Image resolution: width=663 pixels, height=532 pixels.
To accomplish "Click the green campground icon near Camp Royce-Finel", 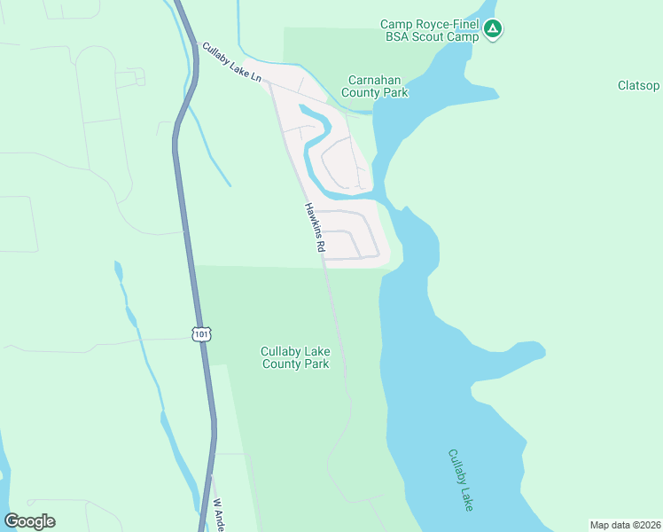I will pyautogui.click(x=494, y=30).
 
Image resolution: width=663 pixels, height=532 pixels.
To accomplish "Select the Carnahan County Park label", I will pyautogui.click(x=377, y=85).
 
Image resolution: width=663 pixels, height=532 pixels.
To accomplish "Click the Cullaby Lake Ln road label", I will pyautogui.click(x=231, y=63).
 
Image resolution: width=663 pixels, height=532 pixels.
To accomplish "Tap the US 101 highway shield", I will pyautogui.click(x=201, y=333).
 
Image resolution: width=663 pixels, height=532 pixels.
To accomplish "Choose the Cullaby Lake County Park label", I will pyautogui.click(x=295, y=357).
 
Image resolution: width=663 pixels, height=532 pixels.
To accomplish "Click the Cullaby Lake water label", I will pyautogui.click(x=461, y=479).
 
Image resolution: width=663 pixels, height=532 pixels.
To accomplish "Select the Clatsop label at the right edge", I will pyautogui.click(x=638, y=85).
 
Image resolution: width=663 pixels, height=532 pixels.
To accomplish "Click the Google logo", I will pyautogui.click(x=29, y=521).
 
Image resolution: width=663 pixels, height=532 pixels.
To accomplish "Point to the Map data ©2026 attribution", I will pyautogui.click(x=624, y=525).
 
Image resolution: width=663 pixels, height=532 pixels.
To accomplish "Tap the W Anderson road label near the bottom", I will pyautogui.click(x=216, y=514).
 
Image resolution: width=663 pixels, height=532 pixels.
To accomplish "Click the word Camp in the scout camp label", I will pyautogui.click(x=397, y=24).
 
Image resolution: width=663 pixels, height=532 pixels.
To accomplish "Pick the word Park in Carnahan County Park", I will pyautogui.click(x=394, y=91).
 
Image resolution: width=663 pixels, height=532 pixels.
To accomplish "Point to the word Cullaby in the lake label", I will pyautogui.click(x=456, y=466).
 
